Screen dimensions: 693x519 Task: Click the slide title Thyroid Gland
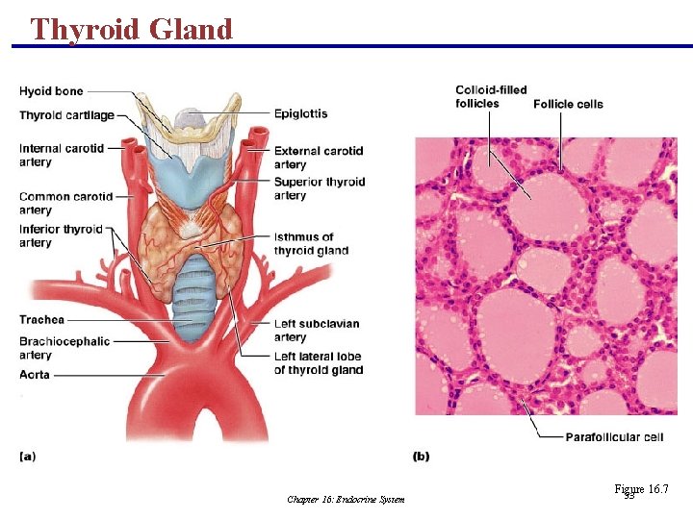pos(131,29)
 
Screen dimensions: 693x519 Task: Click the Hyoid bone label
pos(51,91)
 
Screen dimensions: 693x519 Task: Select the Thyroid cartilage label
pos(66,115)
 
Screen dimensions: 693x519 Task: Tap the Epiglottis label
pos(300,113)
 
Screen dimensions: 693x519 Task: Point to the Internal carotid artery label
pos(61,156)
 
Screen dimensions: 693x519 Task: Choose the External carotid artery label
pos(319,158)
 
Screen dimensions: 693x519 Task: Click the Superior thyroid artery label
pos(320,188)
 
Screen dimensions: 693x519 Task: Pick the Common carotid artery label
pos(65,203)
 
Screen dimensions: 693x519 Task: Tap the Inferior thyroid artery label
pos(61,235)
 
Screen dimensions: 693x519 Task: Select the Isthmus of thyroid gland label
pos(310,243)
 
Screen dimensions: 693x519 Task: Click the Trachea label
pos(41,319)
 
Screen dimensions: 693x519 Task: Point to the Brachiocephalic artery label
pos(64,348)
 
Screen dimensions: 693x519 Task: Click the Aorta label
pos(34,375)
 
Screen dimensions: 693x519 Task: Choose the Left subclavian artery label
pos(317,330)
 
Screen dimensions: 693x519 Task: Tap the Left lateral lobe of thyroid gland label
pos(319,362)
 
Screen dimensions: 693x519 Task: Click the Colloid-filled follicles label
pos(491,96)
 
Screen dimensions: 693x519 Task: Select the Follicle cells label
pos(568,104)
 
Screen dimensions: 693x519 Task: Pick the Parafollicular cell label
pos(613,437)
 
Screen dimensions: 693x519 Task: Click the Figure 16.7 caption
pos(640,490)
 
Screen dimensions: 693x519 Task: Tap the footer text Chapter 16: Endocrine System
pos(346,499)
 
